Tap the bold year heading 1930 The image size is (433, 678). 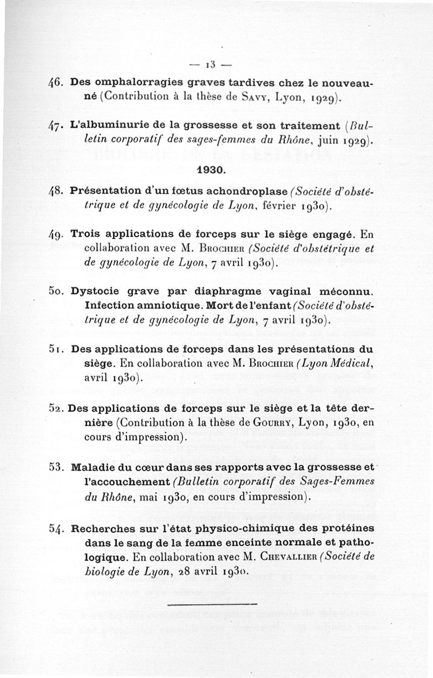pos(211,169)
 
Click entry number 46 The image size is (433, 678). pos(58,85)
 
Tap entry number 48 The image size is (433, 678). pos(58,192)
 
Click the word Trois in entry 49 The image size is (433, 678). pos(87,236)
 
